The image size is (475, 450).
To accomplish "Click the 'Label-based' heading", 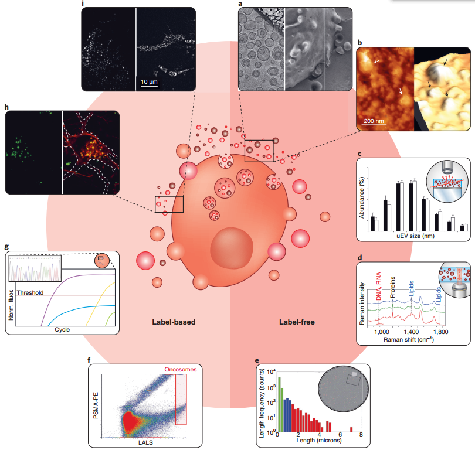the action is click(174, 322).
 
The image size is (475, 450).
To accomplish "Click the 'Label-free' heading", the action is click(297, 322).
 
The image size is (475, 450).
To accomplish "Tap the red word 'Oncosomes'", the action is click(181, 369).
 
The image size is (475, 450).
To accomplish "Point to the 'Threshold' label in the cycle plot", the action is click(30, 292).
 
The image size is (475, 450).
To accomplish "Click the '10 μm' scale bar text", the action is click(149, 81).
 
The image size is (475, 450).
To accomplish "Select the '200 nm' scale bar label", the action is click(374, 121).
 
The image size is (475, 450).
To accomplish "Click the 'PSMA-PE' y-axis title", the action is click(96, 405).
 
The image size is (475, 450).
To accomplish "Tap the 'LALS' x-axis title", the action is click(145, 442).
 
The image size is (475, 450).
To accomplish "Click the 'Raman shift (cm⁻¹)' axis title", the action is click(409, 339).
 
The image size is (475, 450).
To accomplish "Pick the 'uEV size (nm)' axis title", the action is click(415, 236).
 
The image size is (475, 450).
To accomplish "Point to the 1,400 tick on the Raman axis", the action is click(412, 332).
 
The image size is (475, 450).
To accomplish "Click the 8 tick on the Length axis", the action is click(361, 435).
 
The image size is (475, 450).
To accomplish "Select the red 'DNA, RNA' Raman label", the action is click(379, 287).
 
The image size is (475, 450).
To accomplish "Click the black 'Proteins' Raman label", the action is click(392, 287).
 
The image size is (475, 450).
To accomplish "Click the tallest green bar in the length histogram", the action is click(279, 404).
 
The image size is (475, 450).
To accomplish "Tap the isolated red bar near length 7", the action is click(351, 429).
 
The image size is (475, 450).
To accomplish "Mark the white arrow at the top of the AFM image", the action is click(376, 62).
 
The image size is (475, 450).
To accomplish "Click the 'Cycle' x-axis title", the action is click(62, 329).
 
